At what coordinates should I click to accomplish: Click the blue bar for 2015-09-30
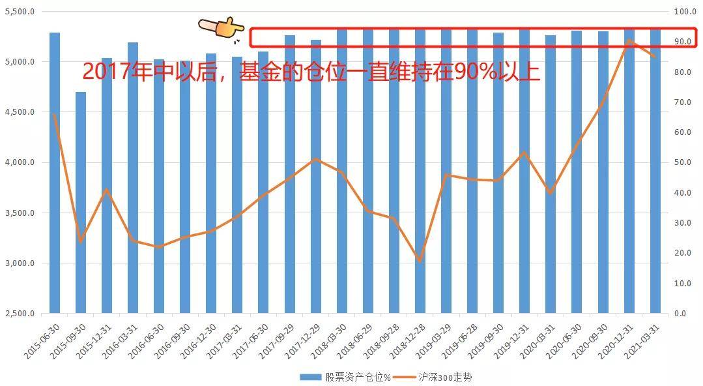pyautogui.click(x=81, y=202)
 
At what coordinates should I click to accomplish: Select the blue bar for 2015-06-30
pyautogui.click(x=55, y=173)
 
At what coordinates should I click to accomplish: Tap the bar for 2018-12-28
pyautogui.click(x=420, y=171)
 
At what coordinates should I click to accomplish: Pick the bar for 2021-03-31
pyautogui.click(x=655, y=171)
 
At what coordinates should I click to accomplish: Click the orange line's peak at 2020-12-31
pyautogui.click(x=629, y=40)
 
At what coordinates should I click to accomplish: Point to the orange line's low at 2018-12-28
pyautogui.click(x=420, y=261)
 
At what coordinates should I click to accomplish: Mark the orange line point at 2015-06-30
pyautogui.click(x=55, y=115)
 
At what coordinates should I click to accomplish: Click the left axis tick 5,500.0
pyautogui.click(x=20, y=12)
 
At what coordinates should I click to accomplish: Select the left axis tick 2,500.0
pyautogui.click(x=20, y=314)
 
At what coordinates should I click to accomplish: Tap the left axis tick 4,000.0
pyautogui.click(x=20, y=162)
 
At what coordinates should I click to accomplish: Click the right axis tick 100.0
pyautogui.click(x=685, y=12)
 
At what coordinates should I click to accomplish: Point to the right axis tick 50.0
pyautogui.click(x=682, y=162)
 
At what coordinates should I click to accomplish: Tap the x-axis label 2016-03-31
pyautogui.click(x=121, y=341)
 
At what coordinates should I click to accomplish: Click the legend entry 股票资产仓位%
pyautogui.click(x=345, y=377)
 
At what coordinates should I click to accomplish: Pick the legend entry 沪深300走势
pyautogui.click(x=433, y=377)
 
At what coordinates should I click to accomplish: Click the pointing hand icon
pyautogui.click(x=221, y=28)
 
